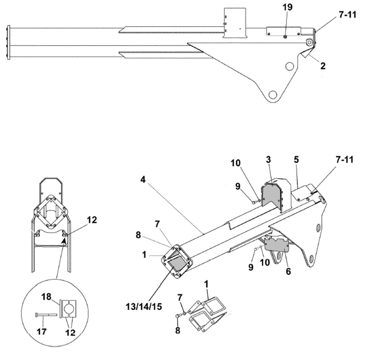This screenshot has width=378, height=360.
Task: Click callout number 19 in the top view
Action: (287, 7)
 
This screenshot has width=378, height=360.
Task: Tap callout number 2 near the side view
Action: (323, 66)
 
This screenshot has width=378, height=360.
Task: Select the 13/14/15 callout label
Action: (144, 307)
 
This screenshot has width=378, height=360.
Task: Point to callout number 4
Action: (143, 180)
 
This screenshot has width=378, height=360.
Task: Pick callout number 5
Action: (288, 272)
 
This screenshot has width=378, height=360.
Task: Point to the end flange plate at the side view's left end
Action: (9, 42)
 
